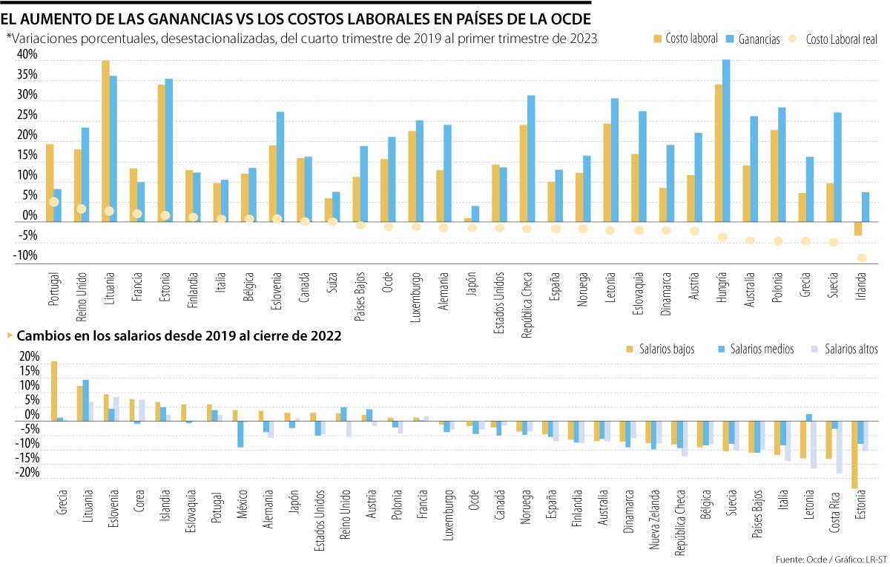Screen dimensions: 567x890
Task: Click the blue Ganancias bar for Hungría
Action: pyautogui.click(x=726, y=141)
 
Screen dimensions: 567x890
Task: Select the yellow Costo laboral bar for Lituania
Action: pyautogui.click(x=105, y=141)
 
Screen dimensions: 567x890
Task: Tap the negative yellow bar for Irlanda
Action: pyautogui.click(x=858, y=229)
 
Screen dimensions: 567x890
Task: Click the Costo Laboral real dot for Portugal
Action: pyautogui.click(x=53, y=202)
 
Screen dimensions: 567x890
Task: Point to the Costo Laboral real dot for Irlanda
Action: pyautogui.click(x=862, y=258)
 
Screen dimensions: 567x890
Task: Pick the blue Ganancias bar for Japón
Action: pyautogui.click(x=475, y=214)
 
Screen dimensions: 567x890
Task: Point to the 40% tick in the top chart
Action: pyautogui.click(x=27, y=55)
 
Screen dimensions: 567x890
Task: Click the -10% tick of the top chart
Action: pyautogui.click(x=27, y=256)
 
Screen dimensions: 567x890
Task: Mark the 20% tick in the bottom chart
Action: pyautogui.click(x=29, y=357)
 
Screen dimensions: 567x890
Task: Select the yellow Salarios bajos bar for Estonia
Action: pyautogui.click(x=855, y=454)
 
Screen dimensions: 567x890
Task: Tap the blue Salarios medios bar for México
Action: pyautogui.click(x=241, y=434)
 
